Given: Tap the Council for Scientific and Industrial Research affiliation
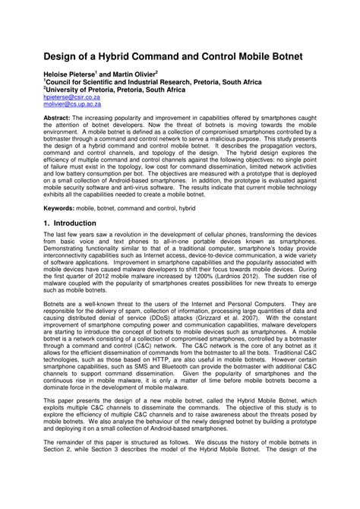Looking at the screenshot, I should pos(152,82).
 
